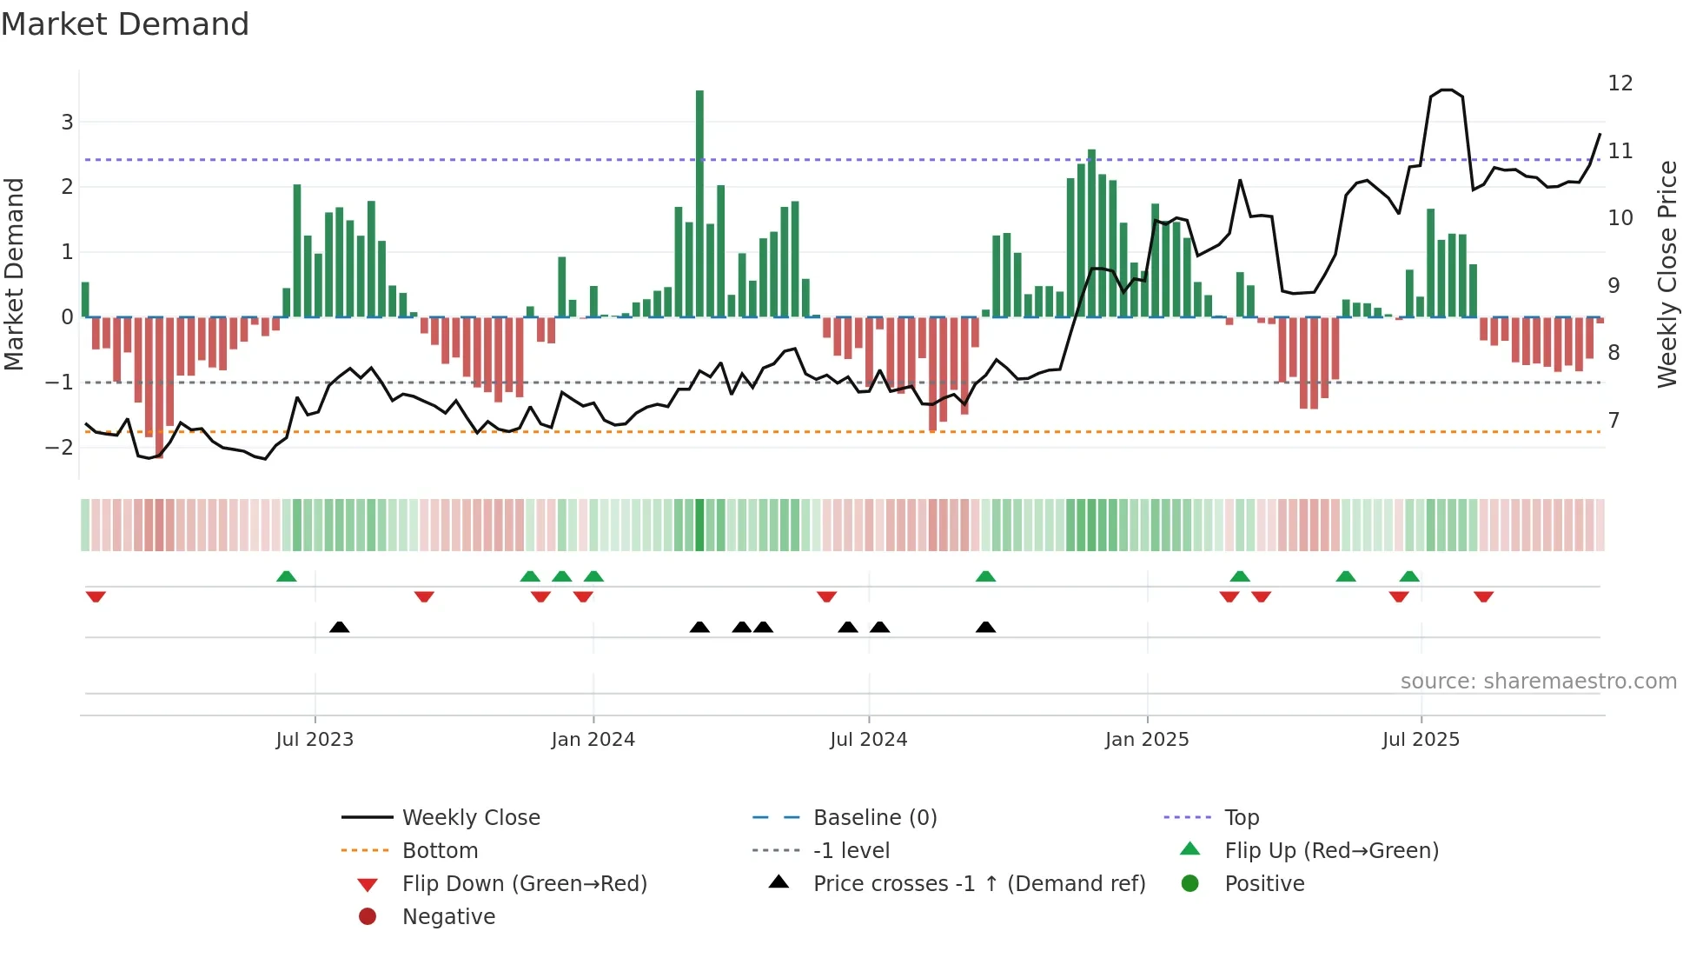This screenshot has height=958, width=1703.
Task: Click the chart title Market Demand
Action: pos(125,24)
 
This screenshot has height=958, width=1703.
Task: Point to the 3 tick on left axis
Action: pos(67,122)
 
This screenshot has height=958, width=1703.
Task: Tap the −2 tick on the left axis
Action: pos(60,448)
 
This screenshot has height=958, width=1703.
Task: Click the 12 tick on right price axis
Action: pos(1620,83)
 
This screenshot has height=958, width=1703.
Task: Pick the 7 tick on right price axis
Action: pos(1614,421)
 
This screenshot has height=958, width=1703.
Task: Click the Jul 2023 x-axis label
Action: pos(315,740)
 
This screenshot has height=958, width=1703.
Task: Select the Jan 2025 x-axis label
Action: pos(1146,740)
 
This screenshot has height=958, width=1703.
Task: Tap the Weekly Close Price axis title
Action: pos(1667,274)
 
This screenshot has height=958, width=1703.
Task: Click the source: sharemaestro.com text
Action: pos(1538,682)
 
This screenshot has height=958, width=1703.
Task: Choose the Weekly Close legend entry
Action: pos(470,818)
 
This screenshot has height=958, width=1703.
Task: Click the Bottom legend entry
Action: pos(440,851)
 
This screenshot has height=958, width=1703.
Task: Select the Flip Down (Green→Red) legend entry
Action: pos(524,884)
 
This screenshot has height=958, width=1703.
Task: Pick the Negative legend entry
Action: pos(448,917)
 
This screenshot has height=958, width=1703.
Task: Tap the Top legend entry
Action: pos(1241,818)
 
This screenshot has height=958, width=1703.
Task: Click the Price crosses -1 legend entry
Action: pos(978,884)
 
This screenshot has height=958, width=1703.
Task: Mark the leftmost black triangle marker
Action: pos(340,628)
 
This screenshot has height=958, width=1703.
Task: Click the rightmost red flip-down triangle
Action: pos(1483,596)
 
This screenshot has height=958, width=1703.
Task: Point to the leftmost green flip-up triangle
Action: pos(286,576)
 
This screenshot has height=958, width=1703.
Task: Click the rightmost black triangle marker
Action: pos(985,628)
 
